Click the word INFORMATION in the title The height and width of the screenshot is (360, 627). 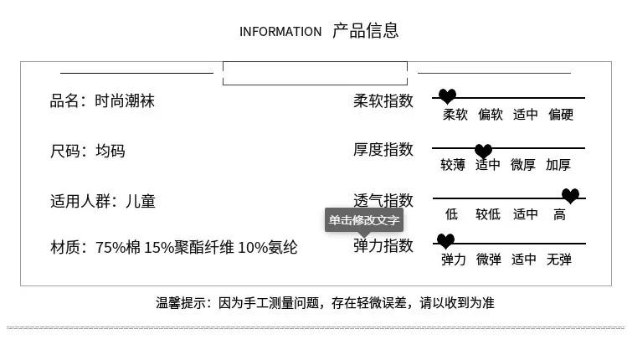pos(280,32)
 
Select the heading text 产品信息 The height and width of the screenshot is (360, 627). pos(365,31)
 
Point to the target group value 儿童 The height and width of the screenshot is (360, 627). pos(141,202)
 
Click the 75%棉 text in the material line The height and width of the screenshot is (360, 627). pos(117,248)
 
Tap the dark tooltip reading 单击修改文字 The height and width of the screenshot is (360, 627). pos(364,220)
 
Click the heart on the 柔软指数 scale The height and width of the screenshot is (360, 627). pos(448,96)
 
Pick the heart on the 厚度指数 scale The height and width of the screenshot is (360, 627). pos(483,151)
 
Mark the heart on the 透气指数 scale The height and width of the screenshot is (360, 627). pos(570,196)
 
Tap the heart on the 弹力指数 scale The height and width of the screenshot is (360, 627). pos(445,241)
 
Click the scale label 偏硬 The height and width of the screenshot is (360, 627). pos(561,115)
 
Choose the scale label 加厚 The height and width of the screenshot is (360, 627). pos(558,165)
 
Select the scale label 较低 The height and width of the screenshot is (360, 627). pos(488,214)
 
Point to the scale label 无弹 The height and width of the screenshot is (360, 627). pos(559,260)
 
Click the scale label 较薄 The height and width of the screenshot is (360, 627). pos(453,165)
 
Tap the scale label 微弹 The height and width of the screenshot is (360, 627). pos(489,260)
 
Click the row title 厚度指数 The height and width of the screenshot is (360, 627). pos(383,150)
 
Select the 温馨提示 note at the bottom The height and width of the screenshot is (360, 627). pos(325,302)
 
